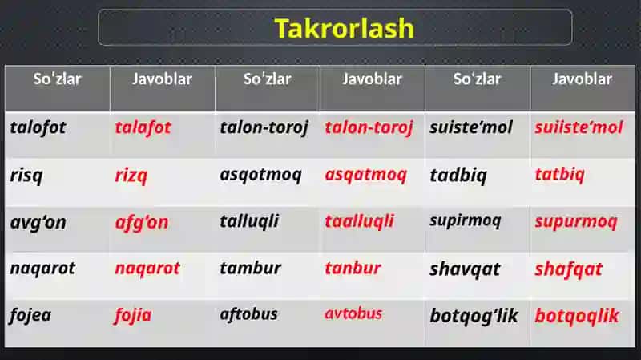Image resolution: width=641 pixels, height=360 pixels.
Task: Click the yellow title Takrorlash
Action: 345,28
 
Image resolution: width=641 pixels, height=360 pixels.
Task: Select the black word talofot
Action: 38,127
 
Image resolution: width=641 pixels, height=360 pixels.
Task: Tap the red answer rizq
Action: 131,176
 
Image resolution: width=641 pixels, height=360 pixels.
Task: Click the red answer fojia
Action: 133,316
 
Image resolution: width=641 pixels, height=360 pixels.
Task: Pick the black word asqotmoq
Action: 261,175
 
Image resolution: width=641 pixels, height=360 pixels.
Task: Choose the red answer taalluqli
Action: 359,222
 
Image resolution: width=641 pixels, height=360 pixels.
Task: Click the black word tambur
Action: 250,269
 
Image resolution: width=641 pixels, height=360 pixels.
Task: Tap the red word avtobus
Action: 353,313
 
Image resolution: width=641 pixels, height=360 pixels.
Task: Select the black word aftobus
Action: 248,314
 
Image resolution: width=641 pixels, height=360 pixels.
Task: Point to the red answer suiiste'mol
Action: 579,127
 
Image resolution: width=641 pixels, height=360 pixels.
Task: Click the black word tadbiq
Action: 458,176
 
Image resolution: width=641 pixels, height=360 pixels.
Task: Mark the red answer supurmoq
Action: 576,222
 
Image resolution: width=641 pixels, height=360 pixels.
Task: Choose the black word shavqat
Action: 465,269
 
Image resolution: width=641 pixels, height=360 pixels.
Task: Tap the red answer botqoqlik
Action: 577,316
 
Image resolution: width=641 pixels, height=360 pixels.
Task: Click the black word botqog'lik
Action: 474,316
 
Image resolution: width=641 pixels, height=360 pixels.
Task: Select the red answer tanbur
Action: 353,269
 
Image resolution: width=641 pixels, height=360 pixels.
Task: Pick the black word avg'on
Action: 38,223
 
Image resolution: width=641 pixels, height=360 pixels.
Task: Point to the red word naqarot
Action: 147,269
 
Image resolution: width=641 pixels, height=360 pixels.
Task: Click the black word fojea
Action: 30,315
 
